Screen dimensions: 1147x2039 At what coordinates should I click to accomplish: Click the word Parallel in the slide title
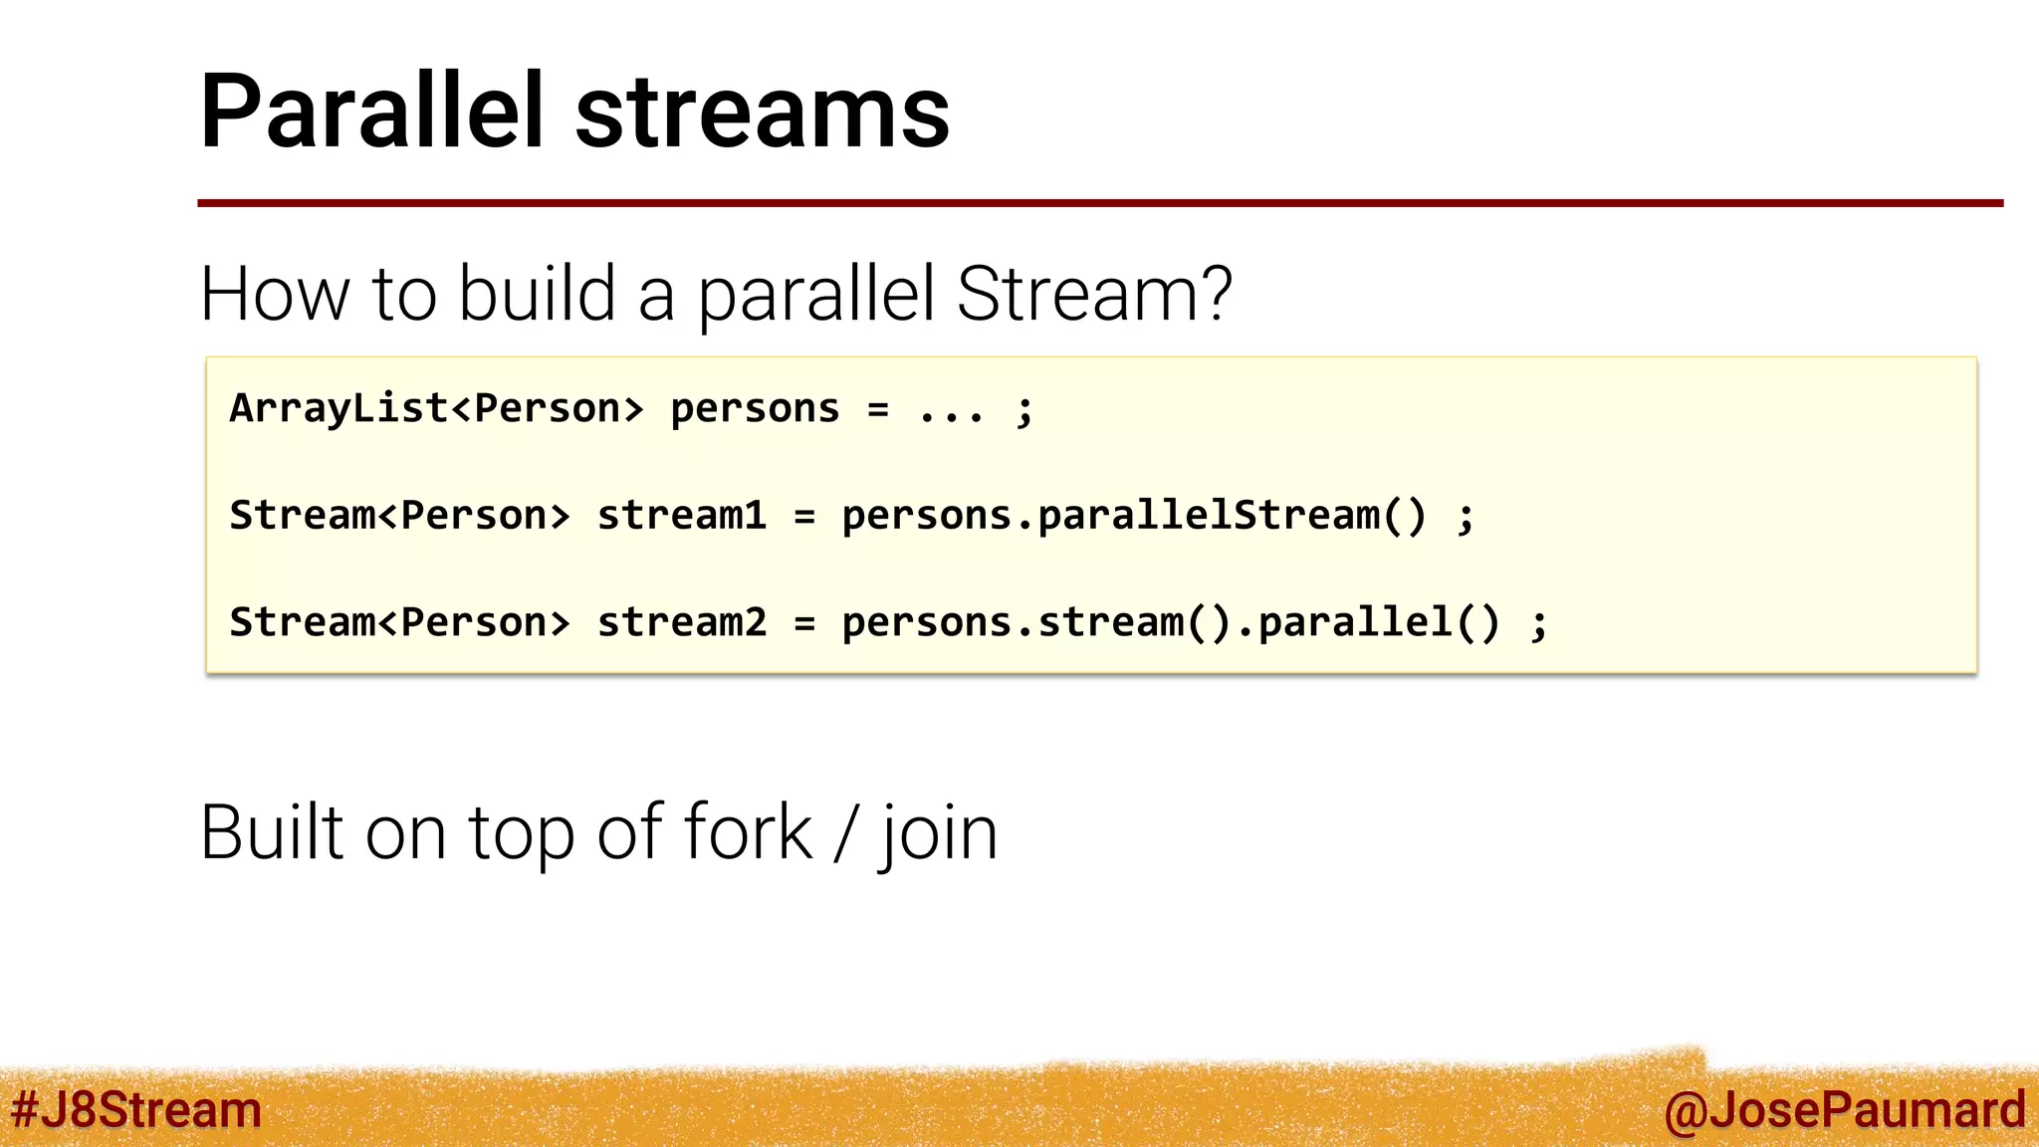point(371,112)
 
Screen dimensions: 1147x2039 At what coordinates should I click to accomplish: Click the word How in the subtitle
point(275,295)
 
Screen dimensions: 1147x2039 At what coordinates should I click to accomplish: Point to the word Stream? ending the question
point(1094,295)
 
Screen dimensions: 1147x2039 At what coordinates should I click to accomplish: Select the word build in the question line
point(537,295)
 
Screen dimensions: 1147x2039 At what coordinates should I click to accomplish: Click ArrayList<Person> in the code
point(436,409)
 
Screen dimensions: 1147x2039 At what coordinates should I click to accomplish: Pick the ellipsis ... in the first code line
point(952,410)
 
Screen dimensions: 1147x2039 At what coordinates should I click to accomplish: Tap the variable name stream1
point(682,516)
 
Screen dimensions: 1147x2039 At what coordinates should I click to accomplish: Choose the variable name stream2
point(682,622)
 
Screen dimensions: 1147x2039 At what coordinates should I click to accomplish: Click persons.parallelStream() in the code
point(1134,516)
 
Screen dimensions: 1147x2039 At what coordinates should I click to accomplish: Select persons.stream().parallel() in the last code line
point(1171,622)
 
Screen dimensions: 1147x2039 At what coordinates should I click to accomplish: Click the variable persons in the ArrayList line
point(755,409)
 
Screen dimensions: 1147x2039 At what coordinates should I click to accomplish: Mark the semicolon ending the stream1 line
point(1465,518)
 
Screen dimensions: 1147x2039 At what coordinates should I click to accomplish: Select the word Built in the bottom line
point(272,832)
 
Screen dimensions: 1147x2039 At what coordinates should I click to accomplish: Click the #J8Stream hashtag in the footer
point(136,1110)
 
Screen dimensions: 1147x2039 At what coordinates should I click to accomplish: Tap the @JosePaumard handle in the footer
point(1844,1110)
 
